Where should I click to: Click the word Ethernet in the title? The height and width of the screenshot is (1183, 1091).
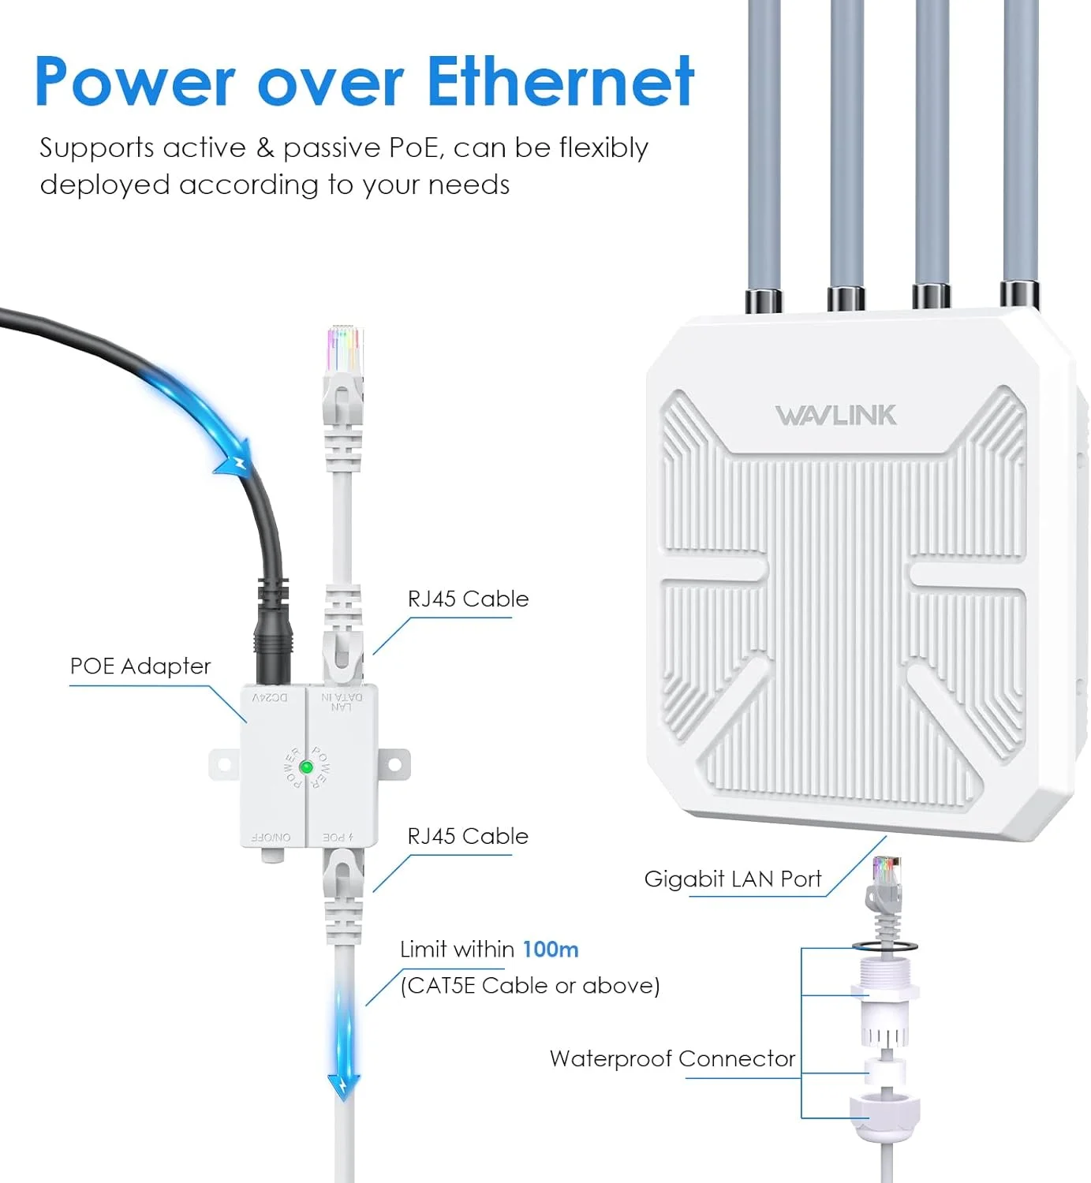[560, 81]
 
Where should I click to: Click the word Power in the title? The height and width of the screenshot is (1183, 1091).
[135, 81]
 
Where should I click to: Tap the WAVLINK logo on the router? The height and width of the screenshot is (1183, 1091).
[835, 416]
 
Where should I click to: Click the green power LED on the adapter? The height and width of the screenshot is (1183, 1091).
[307, 767]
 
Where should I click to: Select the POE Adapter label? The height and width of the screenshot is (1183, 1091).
[140, 666]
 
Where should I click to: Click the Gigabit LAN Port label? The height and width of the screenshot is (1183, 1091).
[733, 879]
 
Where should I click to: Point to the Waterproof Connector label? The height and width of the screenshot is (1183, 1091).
[672, 1058]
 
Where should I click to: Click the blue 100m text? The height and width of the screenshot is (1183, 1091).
[551, 949]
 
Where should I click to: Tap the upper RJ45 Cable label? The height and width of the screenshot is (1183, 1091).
[468, 599]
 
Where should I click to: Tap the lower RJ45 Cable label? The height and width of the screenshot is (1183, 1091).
[468, 836]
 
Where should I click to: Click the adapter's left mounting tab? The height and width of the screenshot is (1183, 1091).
[223, 764]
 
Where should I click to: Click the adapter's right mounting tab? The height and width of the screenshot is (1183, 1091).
[396, 764]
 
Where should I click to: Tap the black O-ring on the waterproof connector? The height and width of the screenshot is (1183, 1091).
[884, 945]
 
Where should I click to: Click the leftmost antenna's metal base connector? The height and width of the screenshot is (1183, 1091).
[764, 300]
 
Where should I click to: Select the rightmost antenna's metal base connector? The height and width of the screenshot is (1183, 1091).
[1019, 295]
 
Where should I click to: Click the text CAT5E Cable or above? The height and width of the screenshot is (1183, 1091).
[530, 986]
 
